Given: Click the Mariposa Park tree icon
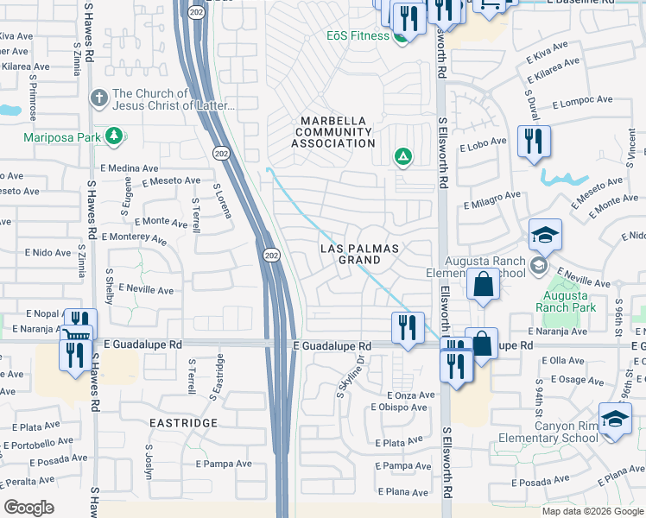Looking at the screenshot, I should point(113,136).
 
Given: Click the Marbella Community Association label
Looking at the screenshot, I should point(332,132).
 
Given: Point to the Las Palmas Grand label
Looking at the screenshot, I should point(359,254).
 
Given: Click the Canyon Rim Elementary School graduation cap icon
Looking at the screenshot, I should point(614,420).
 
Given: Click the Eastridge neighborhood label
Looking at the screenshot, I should point(182,423).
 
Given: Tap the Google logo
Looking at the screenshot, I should point(28,508).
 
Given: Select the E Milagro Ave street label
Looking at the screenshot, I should point(491,200).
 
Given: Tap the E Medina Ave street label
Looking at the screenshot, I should point(130,167).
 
